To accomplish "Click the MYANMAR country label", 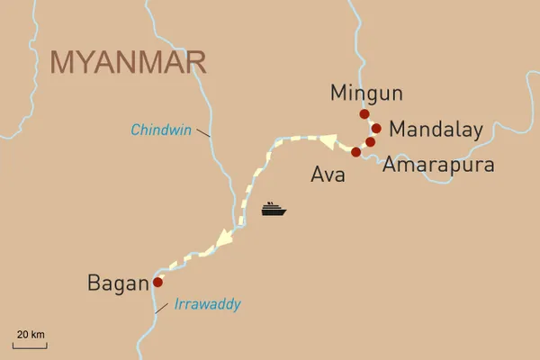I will click(129, 62).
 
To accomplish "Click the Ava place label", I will click(327, 175).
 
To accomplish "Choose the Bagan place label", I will click(117, 283).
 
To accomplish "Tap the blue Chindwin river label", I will click(162, 130).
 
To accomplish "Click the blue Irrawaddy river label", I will click(206, 305).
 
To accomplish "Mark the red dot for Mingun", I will click(364, 114).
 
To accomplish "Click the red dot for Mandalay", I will click(376, 128).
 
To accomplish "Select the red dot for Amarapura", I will click(370, 142).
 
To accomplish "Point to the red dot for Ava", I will click(356, 152).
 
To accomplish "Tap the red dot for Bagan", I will click(157, 282).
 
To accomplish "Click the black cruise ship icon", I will click(274, 210).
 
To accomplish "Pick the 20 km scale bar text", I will click(31, 335).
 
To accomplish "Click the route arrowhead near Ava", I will click(328, 142).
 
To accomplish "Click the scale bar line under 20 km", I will click(31, 345).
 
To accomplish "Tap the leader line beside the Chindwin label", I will click(204, 133).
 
